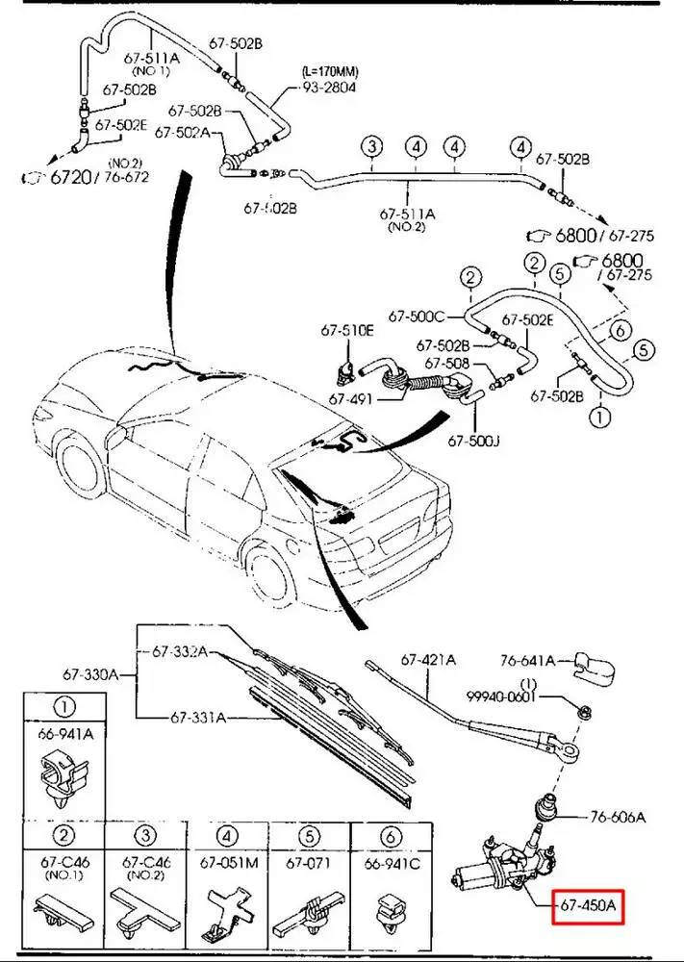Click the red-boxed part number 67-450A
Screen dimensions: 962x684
coord(590,905)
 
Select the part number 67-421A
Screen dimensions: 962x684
coord(428,660)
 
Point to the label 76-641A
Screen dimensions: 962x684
coord(527,661)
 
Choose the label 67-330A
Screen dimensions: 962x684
coord(91,675)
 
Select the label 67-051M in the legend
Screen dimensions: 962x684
coord(229,862)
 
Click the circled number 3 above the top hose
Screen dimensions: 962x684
coord(372,147)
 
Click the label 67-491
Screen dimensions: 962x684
coord(350,397)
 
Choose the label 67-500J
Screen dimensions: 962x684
coord(471,442)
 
